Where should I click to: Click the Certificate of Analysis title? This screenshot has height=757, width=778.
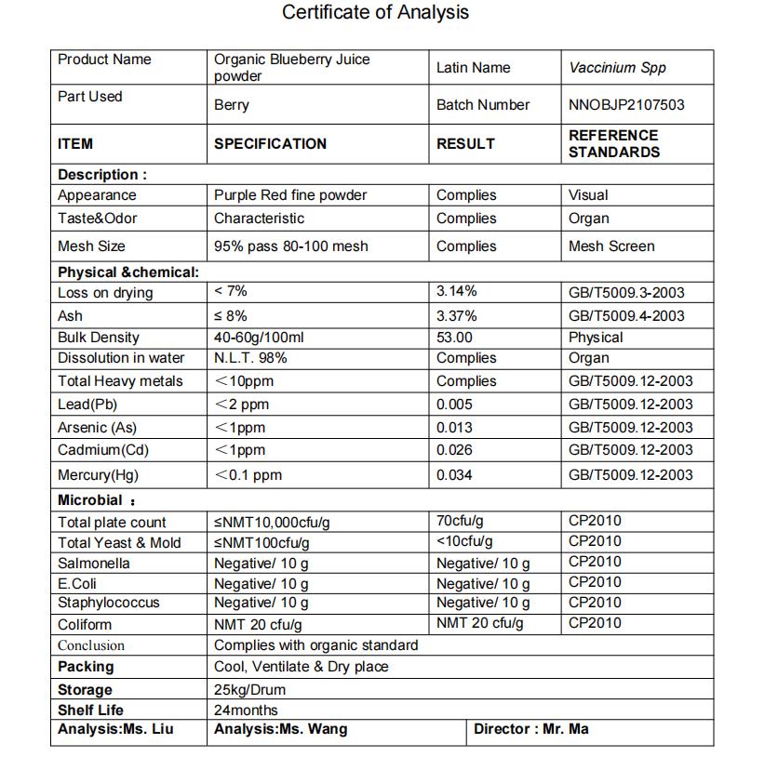(375, 13)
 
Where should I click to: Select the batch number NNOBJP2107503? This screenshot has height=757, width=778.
(625, 105)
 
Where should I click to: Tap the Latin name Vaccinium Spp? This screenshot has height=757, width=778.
(617, 68)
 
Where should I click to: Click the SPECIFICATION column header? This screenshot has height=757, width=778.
(270, 144)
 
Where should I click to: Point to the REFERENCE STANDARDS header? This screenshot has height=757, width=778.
(613, 144)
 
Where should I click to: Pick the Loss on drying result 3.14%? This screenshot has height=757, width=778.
(457, 292)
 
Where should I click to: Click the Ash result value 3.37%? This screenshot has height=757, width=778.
(457, 315)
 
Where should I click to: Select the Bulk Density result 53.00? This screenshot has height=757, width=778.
(454, 338)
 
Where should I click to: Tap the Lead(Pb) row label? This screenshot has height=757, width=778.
(87, 405)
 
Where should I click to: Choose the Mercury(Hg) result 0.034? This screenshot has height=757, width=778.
(454, 475)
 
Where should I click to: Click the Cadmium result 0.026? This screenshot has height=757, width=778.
(454, 450)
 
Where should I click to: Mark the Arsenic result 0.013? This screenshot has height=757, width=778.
(454, 428)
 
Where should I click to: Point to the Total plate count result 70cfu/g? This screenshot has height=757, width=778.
(460, 521)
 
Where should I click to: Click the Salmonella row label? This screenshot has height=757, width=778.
(94, 564)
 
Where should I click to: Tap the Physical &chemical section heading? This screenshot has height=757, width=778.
(128, 272)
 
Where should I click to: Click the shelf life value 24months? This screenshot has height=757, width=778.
(246, 711)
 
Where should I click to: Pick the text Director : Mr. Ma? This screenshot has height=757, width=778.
(530, 729)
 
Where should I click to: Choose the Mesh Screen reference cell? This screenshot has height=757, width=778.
(611, 246)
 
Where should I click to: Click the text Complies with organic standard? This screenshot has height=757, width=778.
(315, 645)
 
